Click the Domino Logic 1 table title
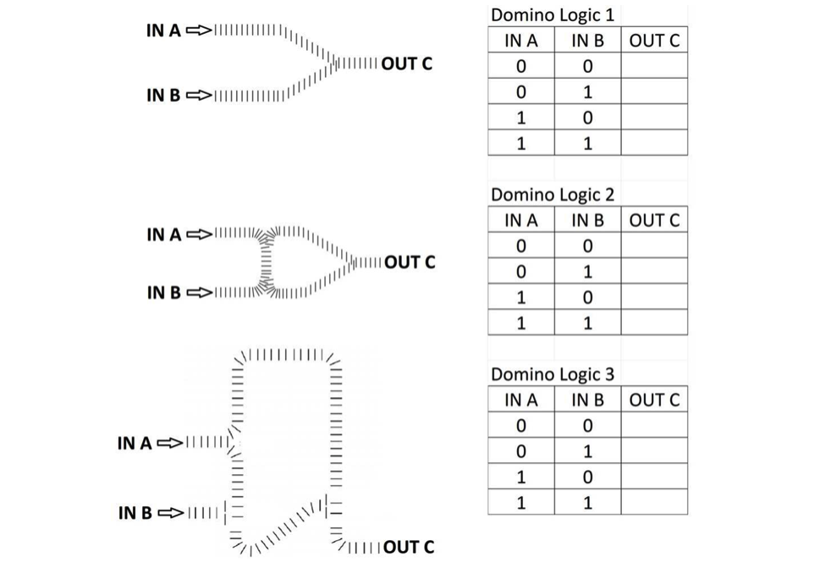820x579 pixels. click(x=553, y=14)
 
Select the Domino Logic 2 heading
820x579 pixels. click(x=553, y=195)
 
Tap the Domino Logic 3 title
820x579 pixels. click(x=553, y=374)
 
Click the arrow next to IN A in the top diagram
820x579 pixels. click(x=199, y=30)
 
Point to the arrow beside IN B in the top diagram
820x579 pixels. click(x=199, y=95)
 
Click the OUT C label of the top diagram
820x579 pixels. click(x=407, y=63)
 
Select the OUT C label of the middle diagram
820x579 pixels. click(x=410, y=262)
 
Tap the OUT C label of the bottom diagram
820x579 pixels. click(x=409, y=547)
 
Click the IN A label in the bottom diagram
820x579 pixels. click(x=135, y=444)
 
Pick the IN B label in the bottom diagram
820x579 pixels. click(x=135, y=513)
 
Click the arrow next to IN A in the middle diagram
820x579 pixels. click(x=200, y=234)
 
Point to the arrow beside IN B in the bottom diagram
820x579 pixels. click(x=170, y=513)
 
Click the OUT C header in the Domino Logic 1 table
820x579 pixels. click(x=654, y=41)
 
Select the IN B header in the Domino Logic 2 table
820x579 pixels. click(x=587, y=220)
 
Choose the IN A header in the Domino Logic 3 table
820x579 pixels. click(x=521, y=400)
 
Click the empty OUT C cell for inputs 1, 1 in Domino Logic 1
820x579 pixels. click(x=654, y=143)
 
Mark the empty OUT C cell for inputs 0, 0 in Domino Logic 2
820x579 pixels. click(x=654, y=245)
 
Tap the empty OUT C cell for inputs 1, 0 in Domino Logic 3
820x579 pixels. click(x=654, y=477)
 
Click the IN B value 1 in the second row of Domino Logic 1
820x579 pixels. click(x=588, y=92)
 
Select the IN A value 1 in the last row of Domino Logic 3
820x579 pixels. click(x=521, y=503)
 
